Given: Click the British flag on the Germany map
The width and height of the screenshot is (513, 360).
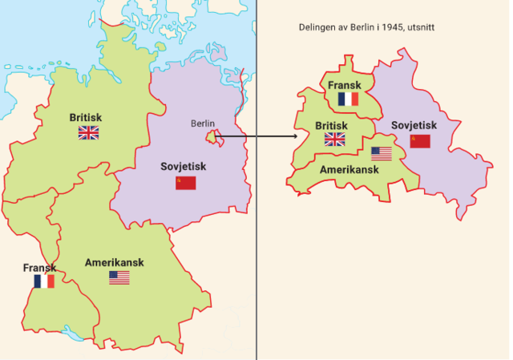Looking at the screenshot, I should [x=88, y=133].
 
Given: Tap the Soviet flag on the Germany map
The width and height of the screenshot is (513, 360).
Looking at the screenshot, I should [x=186, y=183].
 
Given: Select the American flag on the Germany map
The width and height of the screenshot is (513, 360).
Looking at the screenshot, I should [x=119, y=277].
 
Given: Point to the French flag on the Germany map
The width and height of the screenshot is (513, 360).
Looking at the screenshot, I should [x=44, y=281].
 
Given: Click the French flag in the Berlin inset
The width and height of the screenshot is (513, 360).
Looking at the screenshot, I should [x=348, y=99].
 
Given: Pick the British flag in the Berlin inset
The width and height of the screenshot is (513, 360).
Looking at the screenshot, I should [x=334, y=140].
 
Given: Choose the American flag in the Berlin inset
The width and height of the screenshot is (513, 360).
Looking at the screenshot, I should [x=381, y=154].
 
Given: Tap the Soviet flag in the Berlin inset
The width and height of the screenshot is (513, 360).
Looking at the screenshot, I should [x=420, y=141].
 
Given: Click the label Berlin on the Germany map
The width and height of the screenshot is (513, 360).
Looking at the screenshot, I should [x=204, y=123].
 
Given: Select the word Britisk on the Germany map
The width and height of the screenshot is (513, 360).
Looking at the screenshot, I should [x=86, y=117].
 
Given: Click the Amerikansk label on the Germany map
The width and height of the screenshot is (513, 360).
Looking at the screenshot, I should [x=119, y=262].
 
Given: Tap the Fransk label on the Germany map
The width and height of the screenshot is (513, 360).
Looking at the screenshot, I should [x=39, y=268].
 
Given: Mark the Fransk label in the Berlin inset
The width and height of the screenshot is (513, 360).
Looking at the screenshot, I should [x=345, y=85].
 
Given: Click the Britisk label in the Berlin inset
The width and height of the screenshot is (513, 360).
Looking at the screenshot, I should [x=331, y=126].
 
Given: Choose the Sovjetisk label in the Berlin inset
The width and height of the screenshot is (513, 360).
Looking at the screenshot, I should [x=414, y=125].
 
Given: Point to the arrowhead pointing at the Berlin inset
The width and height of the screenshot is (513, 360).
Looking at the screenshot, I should [x=294, y=136].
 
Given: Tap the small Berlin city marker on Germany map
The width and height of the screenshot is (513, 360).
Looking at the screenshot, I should [x=212, y=137].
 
